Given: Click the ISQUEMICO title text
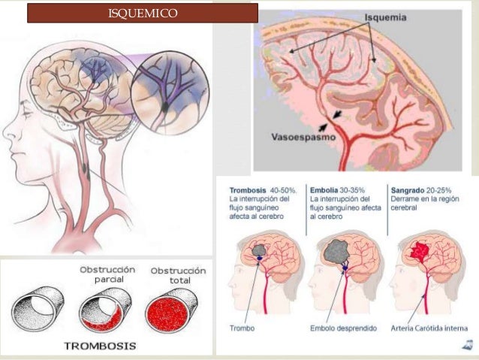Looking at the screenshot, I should click(x=143, y=13).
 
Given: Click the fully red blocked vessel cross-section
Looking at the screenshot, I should click(x=172, y=310).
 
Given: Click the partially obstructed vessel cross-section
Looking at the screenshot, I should click(x=105, y=312).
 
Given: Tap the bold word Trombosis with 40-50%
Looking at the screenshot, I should click(x=249, y=190).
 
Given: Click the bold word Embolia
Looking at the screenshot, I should click(x=327, y=190).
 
